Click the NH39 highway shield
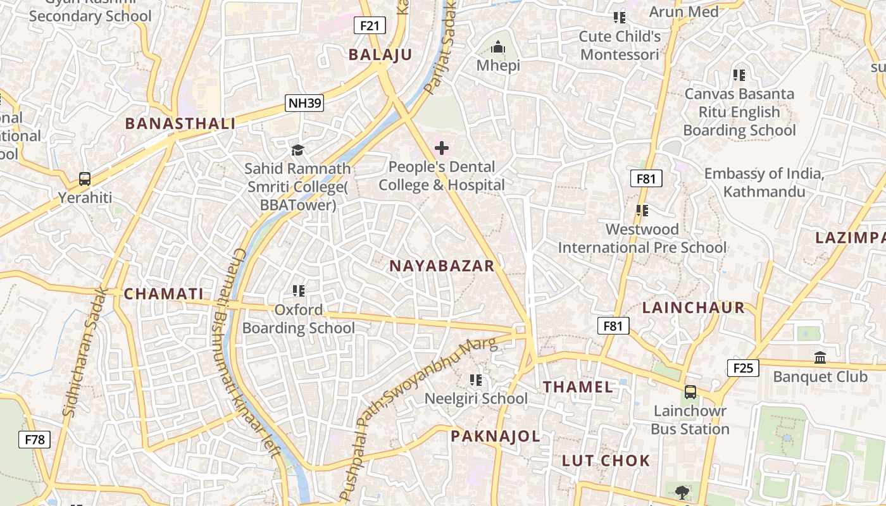(304, 103)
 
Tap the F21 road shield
(370, 25)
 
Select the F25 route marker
(742, 367)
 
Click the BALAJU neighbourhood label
(380, 54)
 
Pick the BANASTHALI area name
(180, 123)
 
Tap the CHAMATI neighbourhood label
(164, 293)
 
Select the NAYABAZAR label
(442, 266)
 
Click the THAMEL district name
(578, 386)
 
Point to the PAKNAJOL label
(496, 436)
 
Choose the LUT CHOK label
(606, 460)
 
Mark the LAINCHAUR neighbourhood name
(694, 308)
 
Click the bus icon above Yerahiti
(85, 179)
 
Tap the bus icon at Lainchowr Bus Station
(690, 392)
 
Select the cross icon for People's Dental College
(442, 149)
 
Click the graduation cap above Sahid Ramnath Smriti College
(297, 150)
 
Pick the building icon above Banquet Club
(820, 357)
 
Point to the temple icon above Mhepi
(499, 47)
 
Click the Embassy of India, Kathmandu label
(764, 183)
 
